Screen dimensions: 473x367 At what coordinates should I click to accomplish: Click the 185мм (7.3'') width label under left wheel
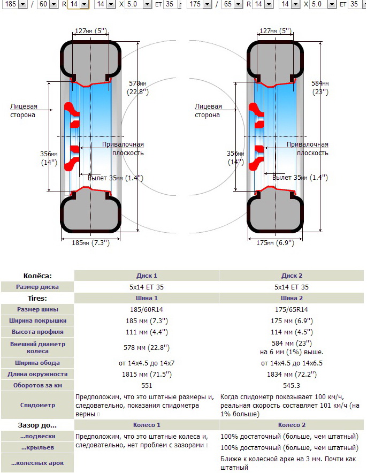[90, 242]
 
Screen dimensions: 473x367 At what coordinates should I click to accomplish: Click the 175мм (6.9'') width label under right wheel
[274, 242]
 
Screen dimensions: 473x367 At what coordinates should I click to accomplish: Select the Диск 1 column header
[147, 276]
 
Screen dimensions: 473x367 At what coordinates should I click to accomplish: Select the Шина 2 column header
[292, 298]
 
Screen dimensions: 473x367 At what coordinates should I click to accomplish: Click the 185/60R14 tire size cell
[147, 309]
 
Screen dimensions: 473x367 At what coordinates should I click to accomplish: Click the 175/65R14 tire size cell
[292, 309]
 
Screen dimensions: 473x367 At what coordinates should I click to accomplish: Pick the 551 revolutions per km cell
[147, 385]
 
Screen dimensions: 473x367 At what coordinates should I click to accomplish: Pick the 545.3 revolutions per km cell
[292, 385]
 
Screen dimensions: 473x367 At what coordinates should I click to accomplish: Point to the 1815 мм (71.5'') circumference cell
[147, 374]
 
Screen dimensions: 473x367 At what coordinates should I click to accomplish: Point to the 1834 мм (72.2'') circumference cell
[292, 374]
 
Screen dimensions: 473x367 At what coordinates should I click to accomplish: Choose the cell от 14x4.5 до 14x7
[147, 363]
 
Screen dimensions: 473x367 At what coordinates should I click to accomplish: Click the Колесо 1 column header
[147, 425]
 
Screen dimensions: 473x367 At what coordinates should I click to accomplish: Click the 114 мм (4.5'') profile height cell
[292, 332]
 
